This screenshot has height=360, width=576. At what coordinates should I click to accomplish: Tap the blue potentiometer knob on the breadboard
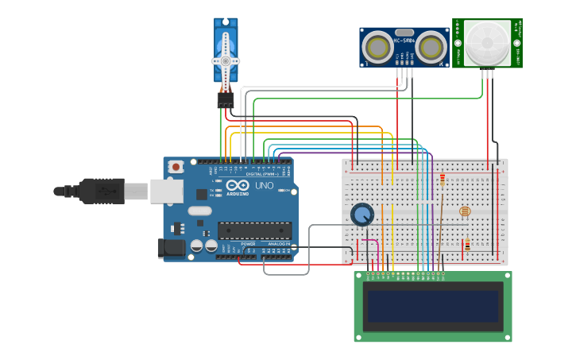pyautogui.click(x=362, y=214)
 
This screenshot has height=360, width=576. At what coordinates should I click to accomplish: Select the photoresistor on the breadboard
pyautogui.click(x=465, y=211)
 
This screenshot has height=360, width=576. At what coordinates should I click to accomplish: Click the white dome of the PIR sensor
pyautogui.click(x=488, y=43)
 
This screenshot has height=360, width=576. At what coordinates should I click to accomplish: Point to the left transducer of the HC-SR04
pyautogui.click(x=377, y=48)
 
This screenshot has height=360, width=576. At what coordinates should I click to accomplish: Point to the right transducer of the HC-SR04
pyautogui.click(x=431, y=48)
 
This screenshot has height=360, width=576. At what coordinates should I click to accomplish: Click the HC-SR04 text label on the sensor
pyautogui.click(x=404, y=41)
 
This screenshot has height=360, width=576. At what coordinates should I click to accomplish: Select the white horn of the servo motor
pyautogui.click(x=226, y=61)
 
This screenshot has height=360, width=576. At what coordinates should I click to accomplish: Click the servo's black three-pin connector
pyautogui.click(x=226, y=101)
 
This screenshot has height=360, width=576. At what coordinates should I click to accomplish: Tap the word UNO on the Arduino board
pyautogui.click(x=264, y=186)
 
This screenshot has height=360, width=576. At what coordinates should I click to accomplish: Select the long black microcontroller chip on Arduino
pyautogui.click(x=254, y=230)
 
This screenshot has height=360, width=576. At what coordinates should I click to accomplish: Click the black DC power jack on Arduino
pyautogui.click(x=171, y=249)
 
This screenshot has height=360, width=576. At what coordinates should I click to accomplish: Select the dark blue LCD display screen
pyautogui.click(x=433, y=306)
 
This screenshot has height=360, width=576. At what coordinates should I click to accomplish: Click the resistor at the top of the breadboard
pyautogui.click(x=443, y=180)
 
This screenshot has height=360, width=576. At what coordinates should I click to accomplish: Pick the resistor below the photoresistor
pyautogui.click(x=467, y=246)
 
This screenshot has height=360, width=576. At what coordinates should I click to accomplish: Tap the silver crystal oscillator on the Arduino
pyautogui.click(x=199, y=211)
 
